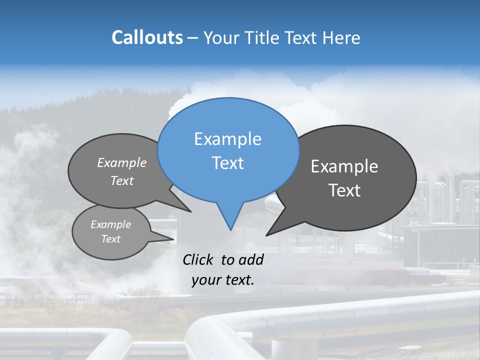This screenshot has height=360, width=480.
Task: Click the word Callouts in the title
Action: click(147, 37)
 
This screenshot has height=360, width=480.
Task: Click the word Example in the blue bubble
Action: click(227, 139)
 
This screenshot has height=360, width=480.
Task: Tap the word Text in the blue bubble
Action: click(227, 163)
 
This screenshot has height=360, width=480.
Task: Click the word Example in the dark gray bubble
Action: click(344, 166)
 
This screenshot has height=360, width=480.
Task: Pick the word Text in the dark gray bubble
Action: click(344, 190)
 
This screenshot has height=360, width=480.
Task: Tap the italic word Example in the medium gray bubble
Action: click(122, 162)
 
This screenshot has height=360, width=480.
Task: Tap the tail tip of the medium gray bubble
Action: click(190, 211)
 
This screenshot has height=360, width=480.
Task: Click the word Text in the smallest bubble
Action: click(110, 239)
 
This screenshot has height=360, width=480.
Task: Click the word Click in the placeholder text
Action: click(198, 259)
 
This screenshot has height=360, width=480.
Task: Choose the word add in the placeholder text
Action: click(250, 259)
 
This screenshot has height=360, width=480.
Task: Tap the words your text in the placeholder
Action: click(223, 280)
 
